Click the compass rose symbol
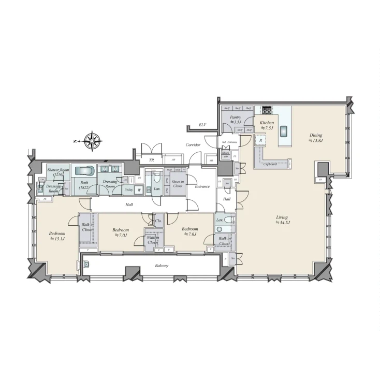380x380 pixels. tap(92, 140)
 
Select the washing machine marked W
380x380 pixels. tap(139, 190)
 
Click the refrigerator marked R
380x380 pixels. tap(261, 140)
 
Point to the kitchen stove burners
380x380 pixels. tap(267, 110)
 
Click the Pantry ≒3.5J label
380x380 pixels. tap(236, 120)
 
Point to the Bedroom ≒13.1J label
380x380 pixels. tap(57, 236)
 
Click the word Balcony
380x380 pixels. tap(162, 265)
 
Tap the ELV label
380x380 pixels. tap(203, 125)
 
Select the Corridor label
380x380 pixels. tap(193, 145)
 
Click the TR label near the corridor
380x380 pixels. tap(152, 160)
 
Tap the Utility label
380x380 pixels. tap(129, 190)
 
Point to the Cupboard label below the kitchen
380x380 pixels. tap(270, 164)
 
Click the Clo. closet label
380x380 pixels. tap(158, 221)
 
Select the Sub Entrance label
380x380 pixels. tap(229, 141)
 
